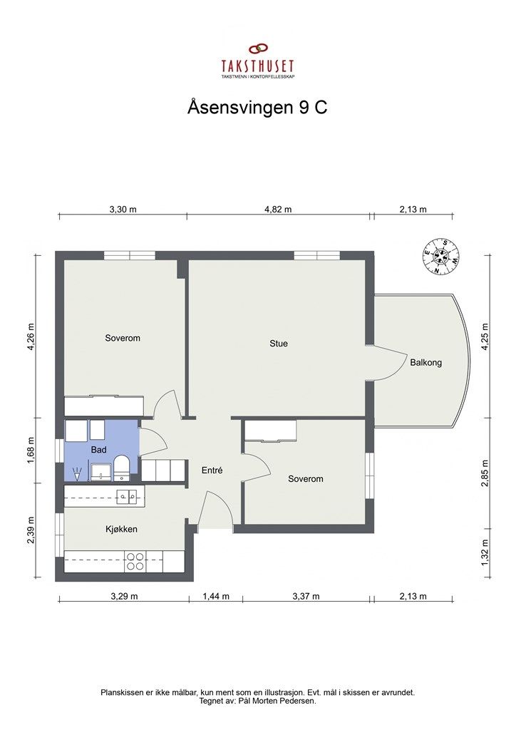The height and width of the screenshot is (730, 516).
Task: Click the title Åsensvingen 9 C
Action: click(257, 108)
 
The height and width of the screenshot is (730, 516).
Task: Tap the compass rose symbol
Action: click(441, 256)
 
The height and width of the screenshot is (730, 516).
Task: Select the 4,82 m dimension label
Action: click(278, 210)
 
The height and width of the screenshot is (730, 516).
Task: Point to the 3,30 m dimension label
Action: click(123, 210)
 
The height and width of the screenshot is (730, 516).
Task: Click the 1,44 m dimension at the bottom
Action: click(216, 596)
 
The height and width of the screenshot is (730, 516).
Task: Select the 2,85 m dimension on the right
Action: click(485, 473)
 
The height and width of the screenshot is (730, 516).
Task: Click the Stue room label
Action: click(279, 344)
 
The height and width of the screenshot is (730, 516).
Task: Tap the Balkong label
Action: click(425, 362)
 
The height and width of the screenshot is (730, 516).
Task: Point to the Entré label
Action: click(212, 471)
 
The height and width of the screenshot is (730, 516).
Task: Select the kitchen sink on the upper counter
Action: click(128, 495)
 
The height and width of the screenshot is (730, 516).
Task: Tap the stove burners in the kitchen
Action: click(134, 561)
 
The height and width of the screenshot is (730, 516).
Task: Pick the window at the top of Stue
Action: click(316, 255)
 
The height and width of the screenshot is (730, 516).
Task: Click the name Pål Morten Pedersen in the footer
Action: click(284, 701)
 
